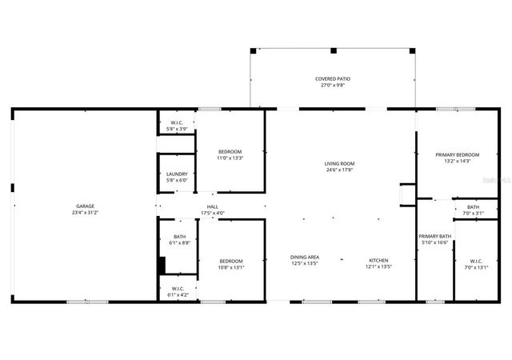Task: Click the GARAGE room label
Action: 84,206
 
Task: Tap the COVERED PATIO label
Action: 332,78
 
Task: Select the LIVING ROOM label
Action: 339,163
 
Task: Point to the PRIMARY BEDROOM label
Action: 457,154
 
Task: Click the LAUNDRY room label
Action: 177,174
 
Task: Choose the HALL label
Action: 212,206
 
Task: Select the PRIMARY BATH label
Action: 434,236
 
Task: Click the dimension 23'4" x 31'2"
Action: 84,213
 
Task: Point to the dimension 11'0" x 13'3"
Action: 230,158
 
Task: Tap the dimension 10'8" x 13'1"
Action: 231,267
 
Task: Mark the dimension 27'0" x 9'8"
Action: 332,85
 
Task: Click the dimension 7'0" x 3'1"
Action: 474,213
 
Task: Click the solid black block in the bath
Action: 162,266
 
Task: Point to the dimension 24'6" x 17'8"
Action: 339,170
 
